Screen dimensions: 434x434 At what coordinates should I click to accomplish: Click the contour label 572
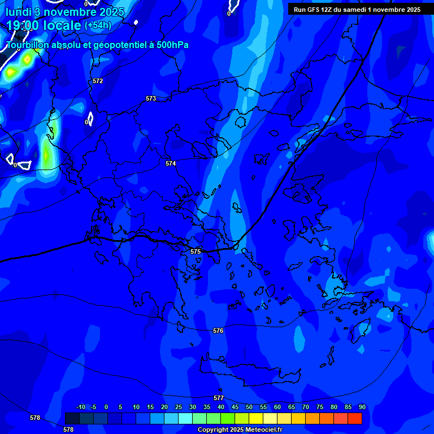point(98,81)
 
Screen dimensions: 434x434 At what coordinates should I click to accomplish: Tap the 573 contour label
point(151,98)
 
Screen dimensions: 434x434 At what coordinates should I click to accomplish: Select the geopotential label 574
point(171,163)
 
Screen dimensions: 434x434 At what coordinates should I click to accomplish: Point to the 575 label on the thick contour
point(196,251)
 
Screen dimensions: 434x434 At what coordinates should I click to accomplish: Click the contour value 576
point(218,331)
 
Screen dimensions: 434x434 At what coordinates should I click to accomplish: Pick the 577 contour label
point(219,398)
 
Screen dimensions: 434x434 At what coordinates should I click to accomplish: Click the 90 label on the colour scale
point(362,407)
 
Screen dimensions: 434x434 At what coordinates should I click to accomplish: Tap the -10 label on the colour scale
point(80,407)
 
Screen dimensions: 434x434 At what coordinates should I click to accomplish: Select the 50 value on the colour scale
point(249,407)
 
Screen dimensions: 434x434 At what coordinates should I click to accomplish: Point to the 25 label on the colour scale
point(179,407)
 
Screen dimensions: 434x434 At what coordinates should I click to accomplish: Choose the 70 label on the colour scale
point(306,407)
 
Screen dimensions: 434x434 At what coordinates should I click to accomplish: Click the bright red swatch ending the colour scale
point(355,418)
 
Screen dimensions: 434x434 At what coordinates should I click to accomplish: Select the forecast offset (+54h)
point(98,25)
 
